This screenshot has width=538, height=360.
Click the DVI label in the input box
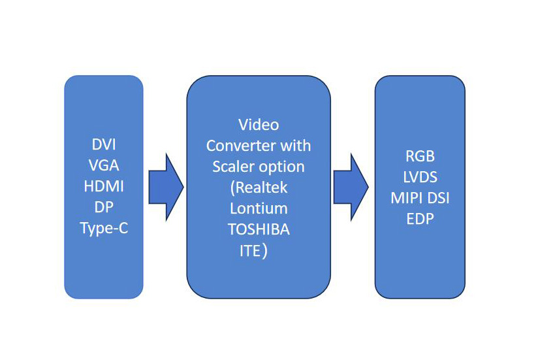pos(103,144)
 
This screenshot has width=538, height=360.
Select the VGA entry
pos(103,165)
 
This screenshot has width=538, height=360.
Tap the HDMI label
pos(103,186)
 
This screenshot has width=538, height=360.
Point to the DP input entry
pos(103,207)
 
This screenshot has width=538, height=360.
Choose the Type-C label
pos(103,228)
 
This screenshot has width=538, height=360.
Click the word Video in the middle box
pos(258,124)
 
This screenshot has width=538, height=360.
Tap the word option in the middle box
pos(283,167)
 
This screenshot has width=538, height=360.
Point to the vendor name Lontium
pos(258,208)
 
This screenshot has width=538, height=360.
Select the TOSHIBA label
pos(258,230)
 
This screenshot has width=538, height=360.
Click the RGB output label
pos(419,156)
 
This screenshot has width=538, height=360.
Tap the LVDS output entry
pos(419,177)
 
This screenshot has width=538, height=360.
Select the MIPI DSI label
pos(419,198)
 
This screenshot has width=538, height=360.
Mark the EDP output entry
pos(419,219)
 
